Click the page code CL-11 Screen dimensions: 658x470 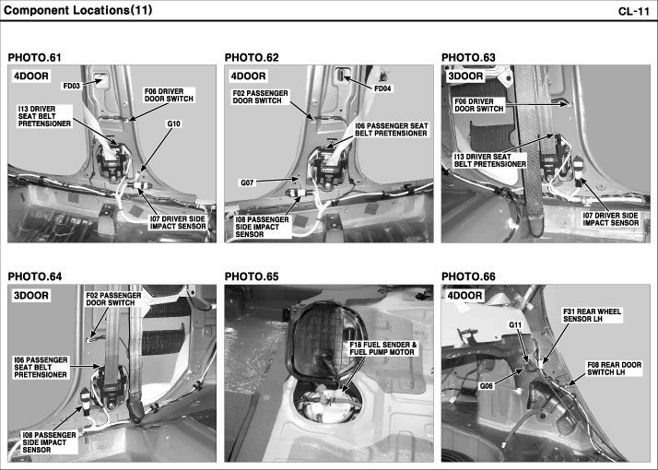coord(634,11)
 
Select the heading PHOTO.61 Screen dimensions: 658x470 coord(34,58)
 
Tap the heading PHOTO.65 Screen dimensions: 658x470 coord(252,277)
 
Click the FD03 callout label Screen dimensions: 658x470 coord(71,86)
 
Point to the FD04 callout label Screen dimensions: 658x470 coord(382,88)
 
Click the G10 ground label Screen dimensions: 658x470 coord(173,123)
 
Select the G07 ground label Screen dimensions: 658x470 coord(247,183)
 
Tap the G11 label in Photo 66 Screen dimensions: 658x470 coord(515,325)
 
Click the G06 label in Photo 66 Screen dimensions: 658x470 coord(487,386)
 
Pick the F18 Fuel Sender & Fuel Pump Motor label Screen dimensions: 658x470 coord(383,348)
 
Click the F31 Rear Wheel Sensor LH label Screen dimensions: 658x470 coord(593,315)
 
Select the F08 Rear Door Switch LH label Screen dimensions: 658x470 coord(614,369)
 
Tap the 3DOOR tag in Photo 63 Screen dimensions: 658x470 coord(465,76)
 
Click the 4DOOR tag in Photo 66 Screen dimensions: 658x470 coord(464,296)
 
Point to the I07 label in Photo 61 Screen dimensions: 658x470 coord(179,222)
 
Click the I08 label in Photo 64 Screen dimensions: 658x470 coord(50,442)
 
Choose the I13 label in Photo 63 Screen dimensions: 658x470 coord(490,160)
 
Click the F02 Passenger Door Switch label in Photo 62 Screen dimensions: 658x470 coord(261,97)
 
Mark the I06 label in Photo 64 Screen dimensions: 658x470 coord(41,367)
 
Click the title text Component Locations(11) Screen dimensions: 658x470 coord(77,10)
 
